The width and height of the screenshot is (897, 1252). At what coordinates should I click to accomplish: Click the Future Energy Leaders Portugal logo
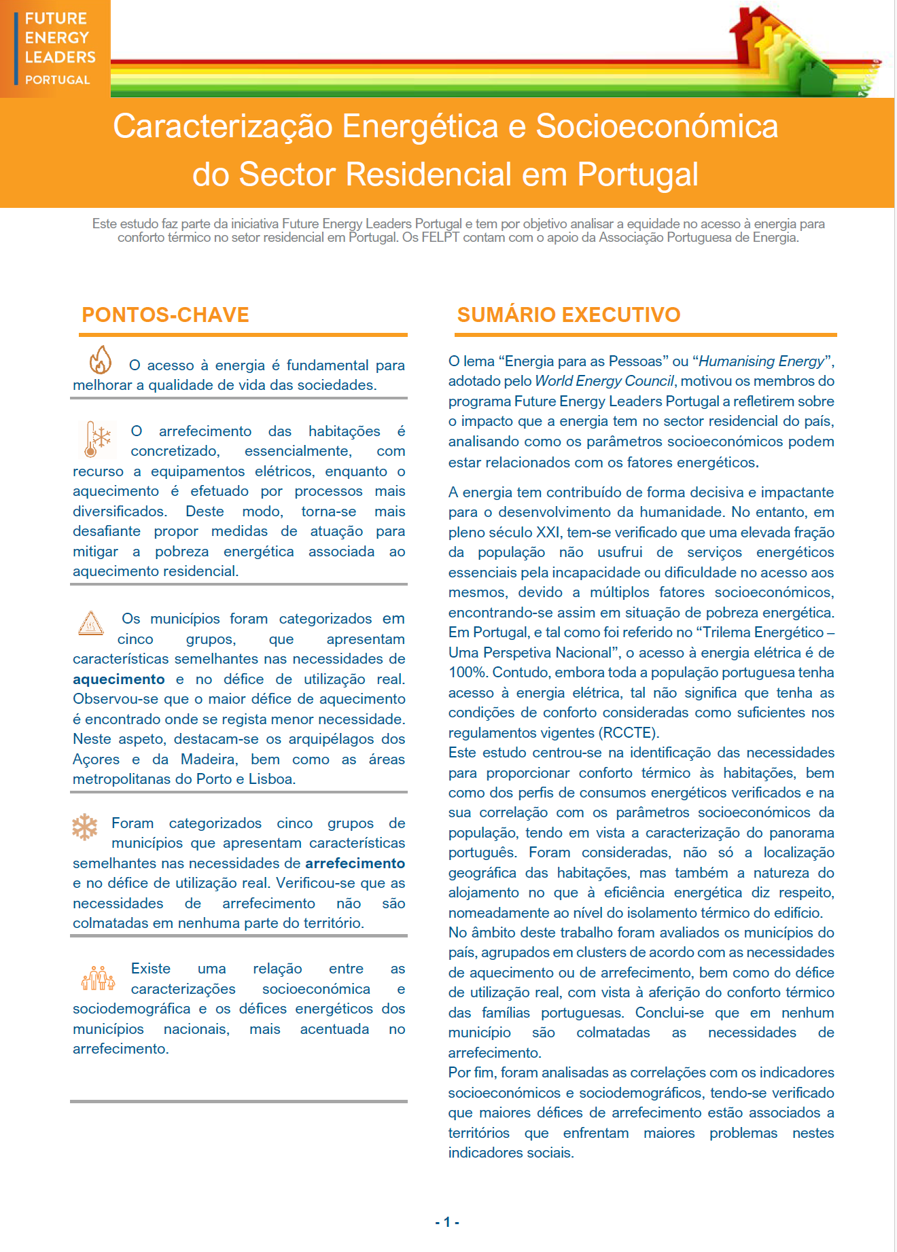[x=55, y=48]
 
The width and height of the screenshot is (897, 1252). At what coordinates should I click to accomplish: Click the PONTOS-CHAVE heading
[x=165, y=315]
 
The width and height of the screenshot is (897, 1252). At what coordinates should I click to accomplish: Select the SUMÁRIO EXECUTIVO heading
[x=568, y=315]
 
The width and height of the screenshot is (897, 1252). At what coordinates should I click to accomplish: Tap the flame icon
[x=101, y=360]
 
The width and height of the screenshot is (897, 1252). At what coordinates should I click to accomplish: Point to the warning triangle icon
[x=90, y=622]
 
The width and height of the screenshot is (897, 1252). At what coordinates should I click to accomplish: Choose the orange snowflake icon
[x=85, y=827]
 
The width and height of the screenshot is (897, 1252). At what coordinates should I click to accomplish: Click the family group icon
[x=98, y=978]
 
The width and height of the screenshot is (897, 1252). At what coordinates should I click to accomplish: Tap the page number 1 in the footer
[x=447, y=1222]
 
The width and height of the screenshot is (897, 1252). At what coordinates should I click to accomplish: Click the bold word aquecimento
[x=118, y=679]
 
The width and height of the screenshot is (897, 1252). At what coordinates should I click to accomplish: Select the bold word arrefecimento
[x=355, y=863]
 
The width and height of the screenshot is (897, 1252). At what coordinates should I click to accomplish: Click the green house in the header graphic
[x=815, y=76]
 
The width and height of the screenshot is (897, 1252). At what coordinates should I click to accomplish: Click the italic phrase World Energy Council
[x=604, y=381]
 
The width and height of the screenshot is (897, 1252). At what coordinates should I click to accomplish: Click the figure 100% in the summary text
[x=468, y=673]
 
